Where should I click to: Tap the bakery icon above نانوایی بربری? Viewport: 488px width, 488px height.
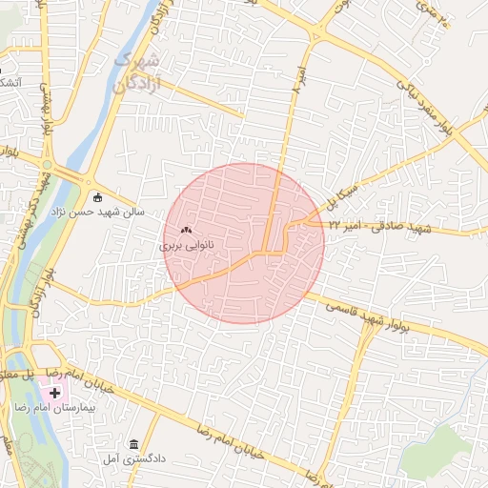click(x=185, y=230)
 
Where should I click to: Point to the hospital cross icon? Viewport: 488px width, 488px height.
click(x=54, y=393)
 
